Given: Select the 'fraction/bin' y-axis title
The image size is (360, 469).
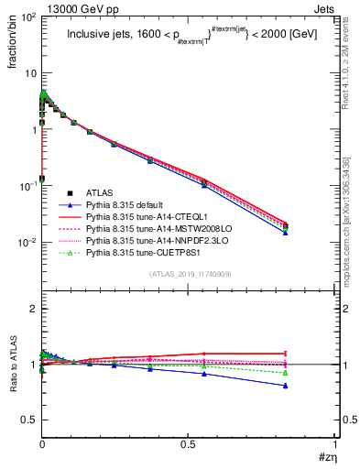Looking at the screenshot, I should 12,44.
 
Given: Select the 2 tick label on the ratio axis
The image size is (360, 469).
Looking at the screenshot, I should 30,309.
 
